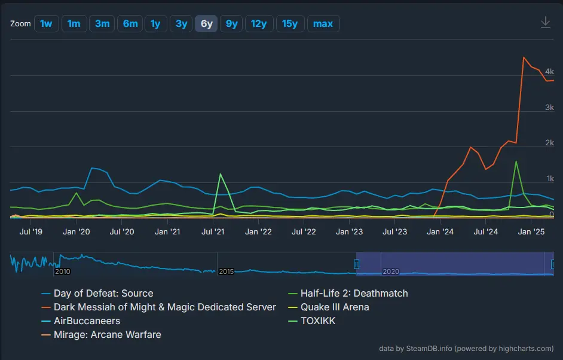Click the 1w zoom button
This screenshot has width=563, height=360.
[46, 24]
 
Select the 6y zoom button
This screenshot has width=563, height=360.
[206, 24]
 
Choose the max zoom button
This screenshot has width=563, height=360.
[323, 24]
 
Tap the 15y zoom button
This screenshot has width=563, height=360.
[289, 24]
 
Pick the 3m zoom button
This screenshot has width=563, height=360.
[102, 24]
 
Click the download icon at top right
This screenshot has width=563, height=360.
[545, 23]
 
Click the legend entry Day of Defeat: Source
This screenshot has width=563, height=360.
[103, 294]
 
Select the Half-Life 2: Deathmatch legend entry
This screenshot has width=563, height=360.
[354, 294]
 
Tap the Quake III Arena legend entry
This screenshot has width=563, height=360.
[334, 307]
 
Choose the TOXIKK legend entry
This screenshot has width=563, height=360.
[317, 321]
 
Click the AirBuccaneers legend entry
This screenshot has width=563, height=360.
[87, 321]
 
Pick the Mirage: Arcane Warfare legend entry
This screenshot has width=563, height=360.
[107, 335]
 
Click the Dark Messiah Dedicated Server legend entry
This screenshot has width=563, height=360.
[164, 307]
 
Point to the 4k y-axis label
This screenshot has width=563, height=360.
[549, 72]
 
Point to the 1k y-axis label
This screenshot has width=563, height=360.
[549, 179]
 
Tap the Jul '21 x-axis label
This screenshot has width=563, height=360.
[213, 231]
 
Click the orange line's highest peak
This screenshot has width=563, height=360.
[524, 57]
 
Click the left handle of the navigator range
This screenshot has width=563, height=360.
[357, 264]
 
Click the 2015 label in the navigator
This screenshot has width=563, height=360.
[227, 271]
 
